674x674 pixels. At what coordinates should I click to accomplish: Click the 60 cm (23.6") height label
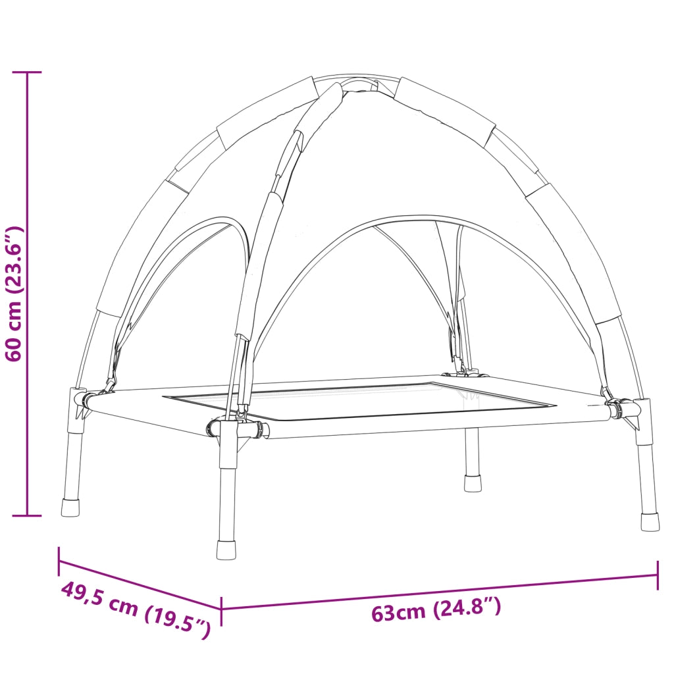13,294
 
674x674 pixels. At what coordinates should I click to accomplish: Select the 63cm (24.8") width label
436,609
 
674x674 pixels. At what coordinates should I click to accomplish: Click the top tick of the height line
27,72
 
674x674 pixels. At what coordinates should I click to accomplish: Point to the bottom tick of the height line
27,515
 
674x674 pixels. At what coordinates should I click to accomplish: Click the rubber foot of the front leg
226,550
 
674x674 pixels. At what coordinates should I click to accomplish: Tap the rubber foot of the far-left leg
70,507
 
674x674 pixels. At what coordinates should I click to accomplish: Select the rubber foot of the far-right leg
650,521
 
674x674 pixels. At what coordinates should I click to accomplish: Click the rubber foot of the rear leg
473,483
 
